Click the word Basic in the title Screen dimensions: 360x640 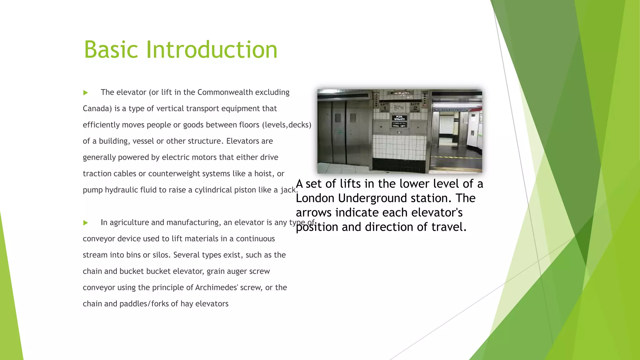coord(111,50)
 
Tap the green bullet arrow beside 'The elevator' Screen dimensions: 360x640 coord(86,92)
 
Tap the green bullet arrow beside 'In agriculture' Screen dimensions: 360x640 coord(86,223)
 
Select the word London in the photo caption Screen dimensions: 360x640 coord(315,198)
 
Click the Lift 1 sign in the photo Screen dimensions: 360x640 coord(385,107)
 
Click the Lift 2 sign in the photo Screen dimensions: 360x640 coord(415,107)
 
